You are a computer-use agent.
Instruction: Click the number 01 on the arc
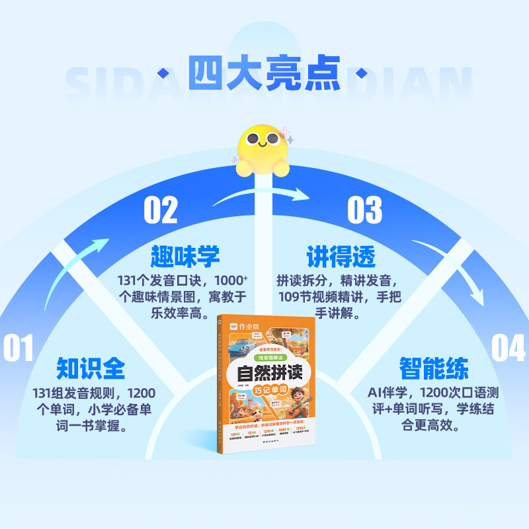(18, 348)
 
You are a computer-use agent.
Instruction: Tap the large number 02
(161, 210)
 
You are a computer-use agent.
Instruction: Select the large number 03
(365, 210)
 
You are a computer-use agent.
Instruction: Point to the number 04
(509, 348)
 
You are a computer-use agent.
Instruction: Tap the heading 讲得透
(341, 256)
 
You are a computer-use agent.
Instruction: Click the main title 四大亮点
(264, 71)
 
